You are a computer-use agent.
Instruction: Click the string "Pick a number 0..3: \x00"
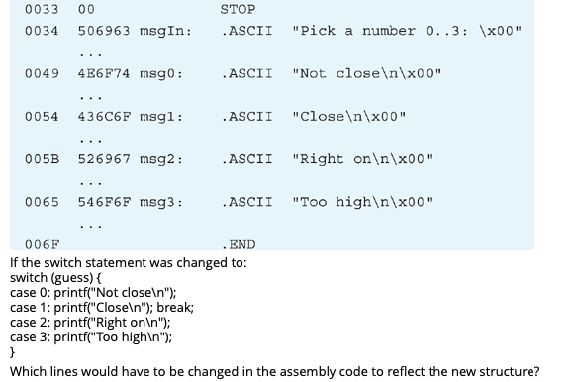pyautogui.click(x=406, y=31)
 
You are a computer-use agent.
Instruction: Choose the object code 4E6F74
pyautogui.click(x=102, y=74)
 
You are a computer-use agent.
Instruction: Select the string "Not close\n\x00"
pyautogui.click(x=367, y=74)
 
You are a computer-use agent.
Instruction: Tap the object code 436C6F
pyautogui.click(x=102, y=117)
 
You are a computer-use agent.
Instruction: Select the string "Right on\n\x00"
pyautogui.click(x=362, y=159)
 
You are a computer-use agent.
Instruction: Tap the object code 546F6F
pyautogui.click(x=102, y=202)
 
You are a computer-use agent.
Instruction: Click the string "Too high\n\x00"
pyautogui.click(x=362, y=202)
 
